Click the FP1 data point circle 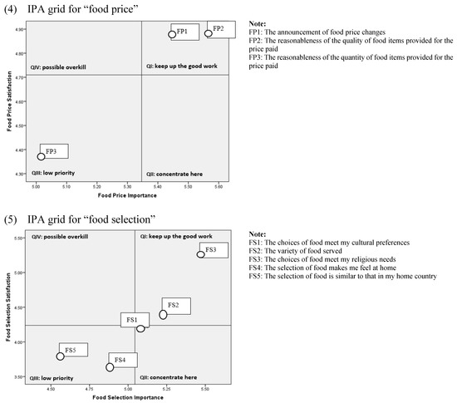point(172,35)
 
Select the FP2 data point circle point(209,33)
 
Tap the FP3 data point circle point(41,156)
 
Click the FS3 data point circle point(201,254)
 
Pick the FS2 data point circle point(164,314)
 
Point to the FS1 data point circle point(141,328)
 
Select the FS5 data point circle point(61,356)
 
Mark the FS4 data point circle point(110,366)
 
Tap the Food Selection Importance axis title point(127,397)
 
